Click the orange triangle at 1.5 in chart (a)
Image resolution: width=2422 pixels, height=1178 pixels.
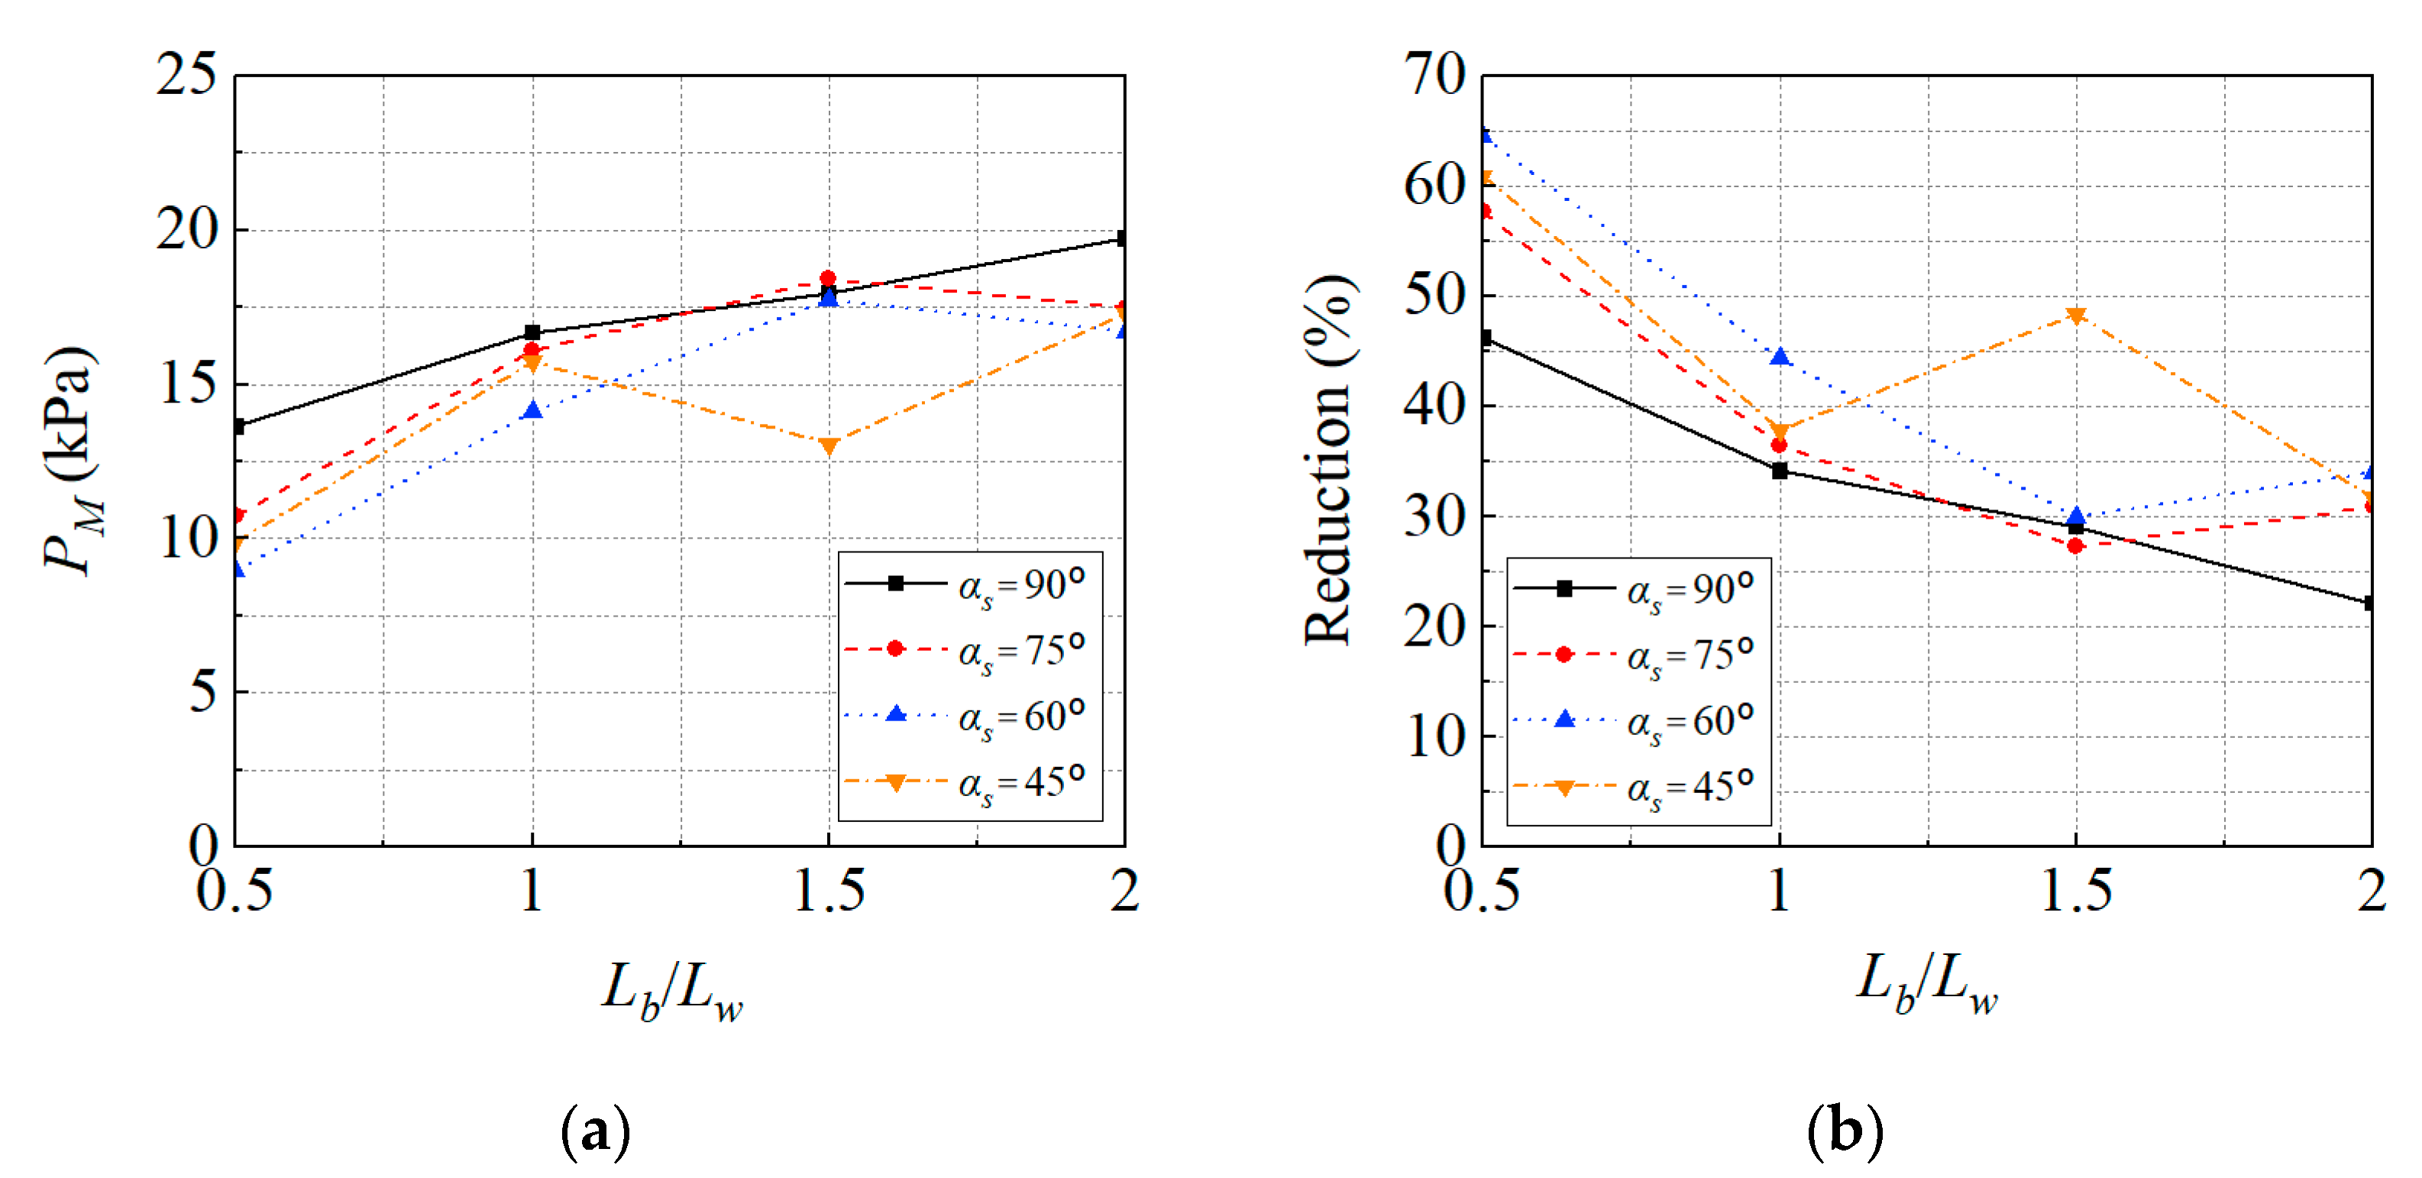tap(828, 445)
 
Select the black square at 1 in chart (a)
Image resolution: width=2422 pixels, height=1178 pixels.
tap(532, 332)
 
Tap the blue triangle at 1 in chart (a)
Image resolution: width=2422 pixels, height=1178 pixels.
tap(532, 410)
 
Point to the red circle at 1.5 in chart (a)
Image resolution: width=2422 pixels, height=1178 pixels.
tap(827, 278)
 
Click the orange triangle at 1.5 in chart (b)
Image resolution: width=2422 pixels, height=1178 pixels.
tap(2076, 316)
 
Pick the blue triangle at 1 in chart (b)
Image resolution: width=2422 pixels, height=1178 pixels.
tap(1779, 356)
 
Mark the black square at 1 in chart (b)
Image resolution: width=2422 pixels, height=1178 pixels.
tap(1779, 471)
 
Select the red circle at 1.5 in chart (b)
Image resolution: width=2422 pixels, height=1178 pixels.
tap(2076, 545)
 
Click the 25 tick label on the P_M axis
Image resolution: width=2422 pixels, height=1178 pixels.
tap(186, 74)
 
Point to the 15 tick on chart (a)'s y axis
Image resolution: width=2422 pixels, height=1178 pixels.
tap(188, 384)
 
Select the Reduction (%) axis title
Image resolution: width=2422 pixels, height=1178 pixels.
tap(1328, 461)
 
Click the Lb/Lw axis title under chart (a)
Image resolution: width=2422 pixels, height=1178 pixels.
tap(672, 991)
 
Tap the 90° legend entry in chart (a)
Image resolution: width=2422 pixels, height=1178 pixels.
tap(969, 584)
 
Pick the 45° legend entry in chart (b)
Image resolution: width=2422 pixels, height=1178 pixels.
tap(1636, 787)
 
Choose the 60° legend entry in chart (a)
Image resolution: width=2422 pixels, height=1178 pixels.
tap(969, 717)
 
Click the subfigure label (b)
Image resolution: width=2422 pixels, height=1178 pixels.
tap(1845, 1130)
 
